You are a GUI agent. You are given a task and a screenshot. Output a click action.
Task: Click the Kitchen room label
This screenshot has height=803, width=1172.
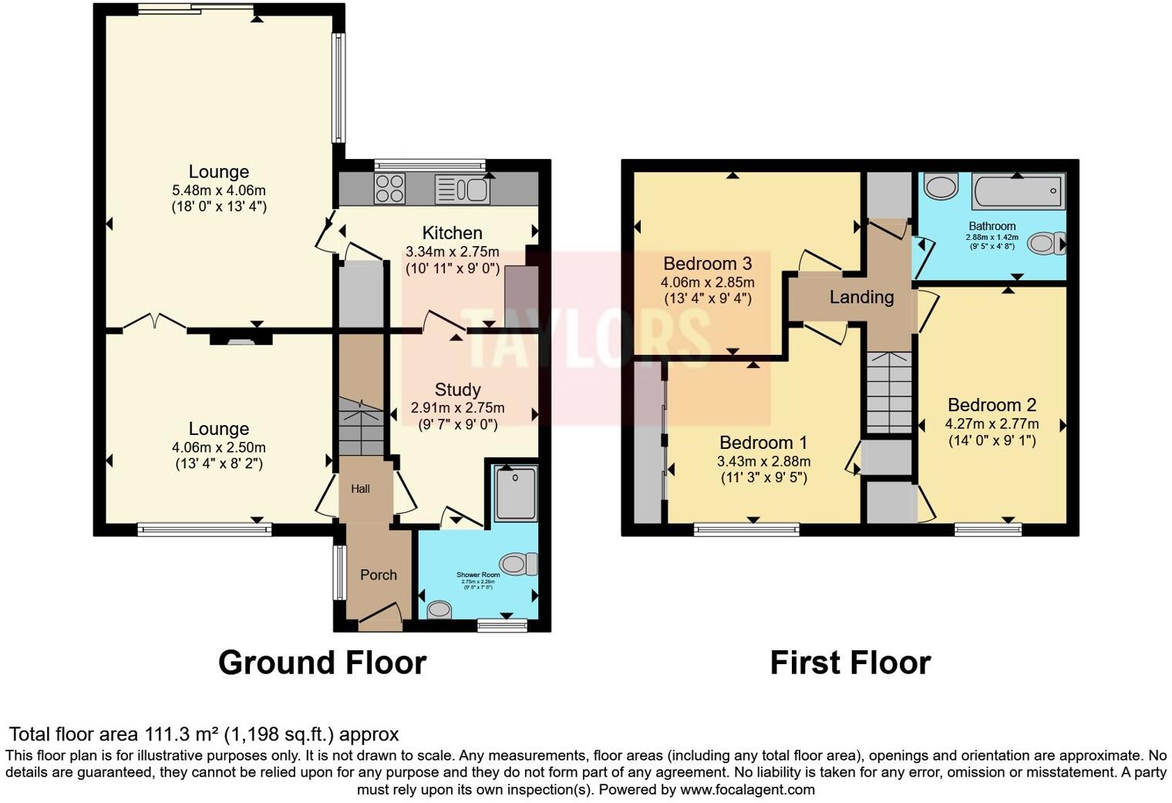[452, 233]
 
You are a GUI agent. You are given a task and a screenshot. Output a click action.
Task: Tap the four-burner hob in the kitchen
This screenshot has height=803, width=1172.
[390, 189]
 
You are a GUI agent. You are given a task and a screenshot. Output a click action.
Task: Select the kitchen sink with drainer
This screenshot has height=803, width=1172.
[462, 189]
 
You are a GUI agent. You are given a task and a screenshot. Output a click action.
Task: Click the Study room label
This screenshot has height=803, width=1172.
[457, 390]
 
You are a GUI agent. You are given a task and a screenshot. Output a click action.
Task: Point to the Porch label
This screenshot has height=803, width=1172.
[379, 575]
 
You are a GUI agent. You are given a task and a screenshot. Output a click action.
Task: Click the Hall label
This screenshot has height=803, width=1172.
[360, 488]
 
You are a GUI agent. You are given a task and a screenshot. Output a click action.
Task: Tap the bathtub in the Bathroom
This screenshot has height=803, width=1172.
[1018, 191]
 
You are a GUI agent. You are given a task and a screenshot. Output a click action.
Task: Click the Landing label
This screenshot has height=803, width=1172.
[861, 297]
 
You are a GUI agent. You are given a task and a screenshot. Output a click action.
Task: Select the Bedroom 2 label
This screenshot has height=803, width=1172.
[992, 405]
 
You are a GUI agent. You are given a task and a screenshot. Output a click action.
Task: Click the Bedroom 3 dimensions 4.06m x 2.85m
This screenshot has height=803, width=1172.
[707, 282]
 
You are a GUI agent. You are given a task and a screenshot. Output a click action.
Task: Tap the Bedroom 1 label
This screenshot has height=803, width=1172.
[763, 443]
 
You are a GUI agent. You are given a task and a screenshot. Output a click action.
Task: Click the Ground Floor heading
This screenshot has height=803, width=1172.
[322, 663]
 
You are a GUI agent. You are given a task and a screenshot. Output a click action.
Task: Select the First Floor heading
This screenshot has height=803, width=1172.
[850, 663]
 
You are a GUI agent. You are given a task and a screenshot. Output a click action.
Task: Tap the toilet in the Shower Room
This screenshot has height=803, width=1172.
[519, 564]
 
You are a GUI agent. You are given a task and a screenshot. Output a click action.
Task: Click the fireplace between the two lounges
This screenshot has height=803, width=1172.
[241, 337]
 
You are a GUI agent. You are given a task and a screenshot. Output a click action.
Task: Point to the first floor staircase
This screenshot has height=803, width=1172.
[889, 392]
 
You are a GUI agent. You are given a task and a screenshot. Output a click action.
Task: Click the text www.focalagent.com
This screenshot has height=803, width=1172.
[747, 789]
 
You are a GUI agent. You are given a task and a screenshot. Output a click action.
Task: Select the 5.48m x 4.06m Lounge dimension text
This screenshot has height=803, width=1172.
[219, 190]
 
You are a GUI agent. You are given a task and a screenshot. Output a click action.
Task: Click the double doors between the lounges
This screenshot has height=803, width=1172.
[154, 322]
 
